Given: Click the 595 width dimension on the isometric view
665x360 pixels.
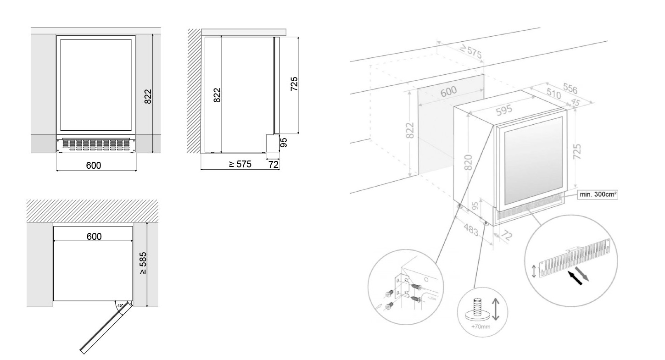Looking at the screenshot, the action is pos(504,110).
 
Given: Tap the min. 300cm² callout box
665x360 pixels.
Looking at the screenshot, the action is pos(598,194).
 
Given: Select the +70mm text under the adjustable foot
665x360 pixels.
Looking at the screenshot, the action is pos(481,327).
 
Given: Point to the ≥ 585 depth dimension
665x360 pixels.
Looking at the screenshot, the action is pos(143,263).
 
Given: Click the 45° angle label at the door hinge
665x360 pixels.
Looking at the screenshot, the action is pos(120,305).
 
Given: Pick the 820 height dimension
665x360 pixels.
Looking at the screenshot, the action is pos(468,162).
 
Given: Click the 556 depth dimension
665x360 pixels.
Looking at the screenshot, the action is pos(570,88).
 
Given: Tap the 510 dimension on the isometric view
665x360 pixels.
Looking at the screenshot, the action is pos(553,94).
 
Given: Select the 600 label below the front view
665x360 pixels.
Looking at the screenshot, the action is pos(94,165).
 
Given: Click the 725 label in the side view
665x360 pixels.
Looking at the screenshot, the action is pos(294,84).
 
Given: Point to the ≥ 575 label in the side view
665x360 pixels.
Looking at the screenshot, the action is pos(240,164).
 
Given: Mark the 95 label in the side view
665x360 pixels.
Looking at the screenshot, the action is pos(284,143).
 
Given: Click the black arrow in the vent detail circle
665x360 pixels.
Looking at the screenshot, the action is pos(575,278).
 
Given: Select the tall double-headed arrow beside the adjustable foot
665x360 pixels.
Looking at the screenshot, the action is pos(495,309).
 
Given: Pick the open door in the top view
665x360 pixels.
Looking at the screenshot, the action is pos(106,327).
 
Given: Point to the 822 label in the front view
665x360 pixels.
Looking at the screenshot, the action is pos(148,96).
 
